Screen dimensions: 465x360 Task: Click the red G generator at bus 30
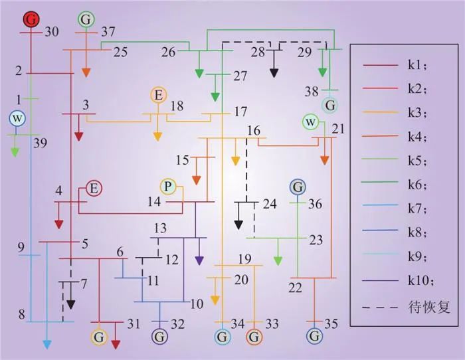[31, 19]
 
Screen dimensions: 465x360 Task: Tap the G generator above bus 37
[86, 19]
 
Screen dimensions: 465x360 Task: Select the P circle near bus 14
[168, 187]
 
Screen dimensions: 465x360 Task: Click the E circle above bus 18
[159, 96]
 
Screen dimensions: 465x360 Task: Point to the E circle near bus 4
[94, 189]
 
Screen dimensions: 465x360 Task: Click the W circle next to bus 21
[310, 122]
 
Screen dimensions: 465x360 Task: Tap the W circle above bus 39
[17, 119]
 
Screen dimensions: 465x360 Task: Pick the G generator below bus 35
[314, 336]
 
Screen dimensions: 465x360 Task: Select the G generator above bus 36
[298, 187]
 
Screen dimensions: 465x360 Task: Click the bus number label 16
[254, 130]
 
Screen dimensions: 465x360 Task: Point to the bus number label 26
[169, 52]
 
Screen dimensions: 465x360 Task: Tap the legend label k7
[418, 209]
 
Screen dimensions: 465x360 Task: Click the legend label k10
[420, 280]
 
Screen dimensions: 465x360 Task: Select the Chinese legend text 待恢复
[429, 308]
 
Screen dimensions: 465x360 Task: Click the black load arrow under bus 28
[274, 64]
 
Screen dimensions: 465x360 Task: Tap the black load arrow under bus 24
[238, 216]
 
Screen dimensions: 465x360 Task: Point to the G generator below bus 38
[329, 105]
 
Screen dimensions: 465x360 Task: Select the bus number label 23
[316, 240]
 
